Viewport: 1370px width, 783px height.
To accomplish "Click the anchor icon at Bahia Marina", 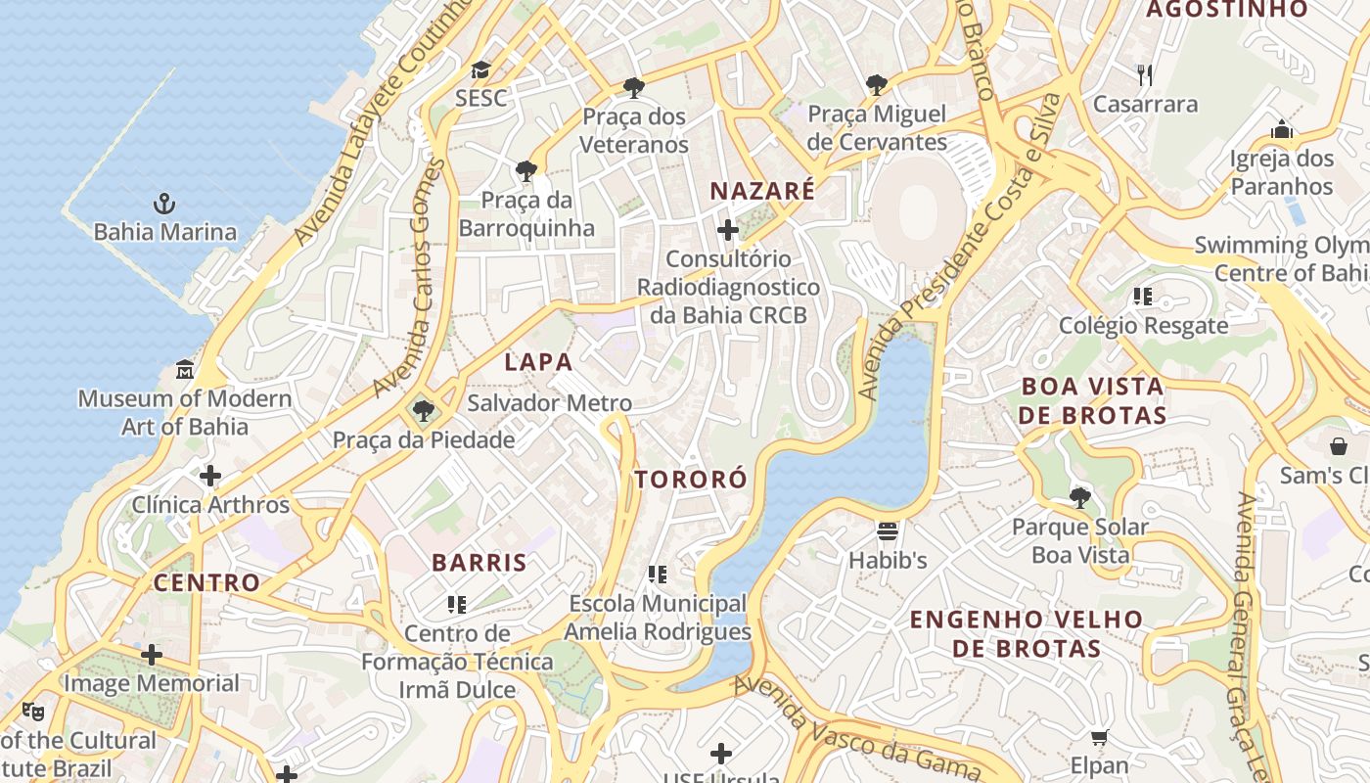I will pos(164,204).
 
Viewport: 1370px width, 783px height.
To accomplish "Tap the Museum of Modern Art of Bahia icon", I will pos(185,370).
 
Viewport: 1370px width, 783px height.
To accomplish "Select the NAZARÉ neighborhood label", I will pos(762,191).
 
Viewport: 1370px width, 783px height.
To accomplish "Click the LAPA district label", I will pos(538,362).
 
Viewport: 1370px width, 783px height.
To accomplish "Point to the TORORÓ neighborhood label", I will pos(691,480).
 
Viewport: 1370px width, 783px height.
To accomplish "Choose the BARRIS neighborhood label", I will pos(479,563).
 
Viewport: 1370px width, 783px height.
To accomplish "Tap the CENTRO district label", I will pos(207,583).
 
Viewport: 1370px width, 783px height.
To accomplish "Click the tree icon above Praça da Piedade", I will pos(423,411).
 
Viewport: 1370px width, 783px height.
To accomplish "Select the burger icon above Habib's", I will pos(888,531).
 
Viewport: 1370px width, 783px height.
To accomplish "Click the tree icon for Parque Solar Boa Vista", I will pos(1079,498).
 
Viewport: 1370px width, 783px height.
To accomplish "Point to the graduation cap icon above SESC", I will pos(480,69).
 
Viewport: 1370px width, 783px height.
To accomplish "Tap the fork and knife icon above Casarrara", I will pos(1145,74).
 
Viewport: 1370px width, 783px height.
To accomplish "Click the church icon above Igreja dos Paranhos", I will pos(1282,129).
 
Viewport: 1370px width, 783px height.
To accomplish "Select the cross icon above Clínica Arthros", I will pos(210,477).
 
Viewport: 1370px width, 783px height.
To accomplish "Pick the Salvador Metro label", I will pos(550,403).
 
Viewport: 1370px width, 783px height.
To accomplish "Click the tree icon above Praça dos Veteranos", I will pos(634,88).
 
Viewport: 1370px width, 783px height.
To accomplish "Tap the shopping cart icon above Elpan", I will pos(1099,737).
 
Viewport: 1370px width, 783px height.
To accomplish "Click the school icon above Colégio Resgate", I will pos(1143,296).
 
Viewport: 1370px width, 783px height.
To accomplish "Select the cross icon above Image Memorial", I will pos(152,655).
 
